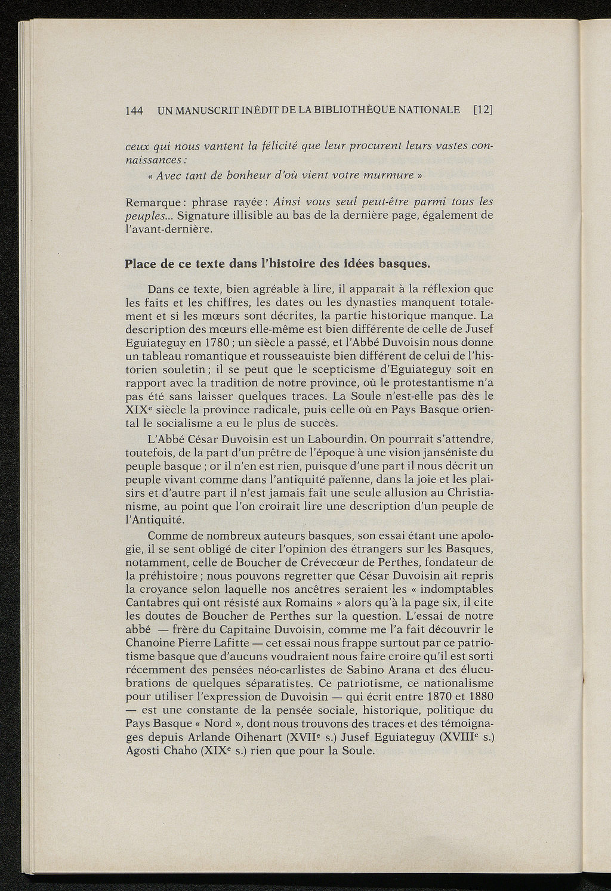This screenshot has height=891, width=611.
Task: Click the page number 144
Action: pos(134,110)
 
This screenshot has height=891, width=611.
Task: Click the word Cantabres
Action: pos(153,602)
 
